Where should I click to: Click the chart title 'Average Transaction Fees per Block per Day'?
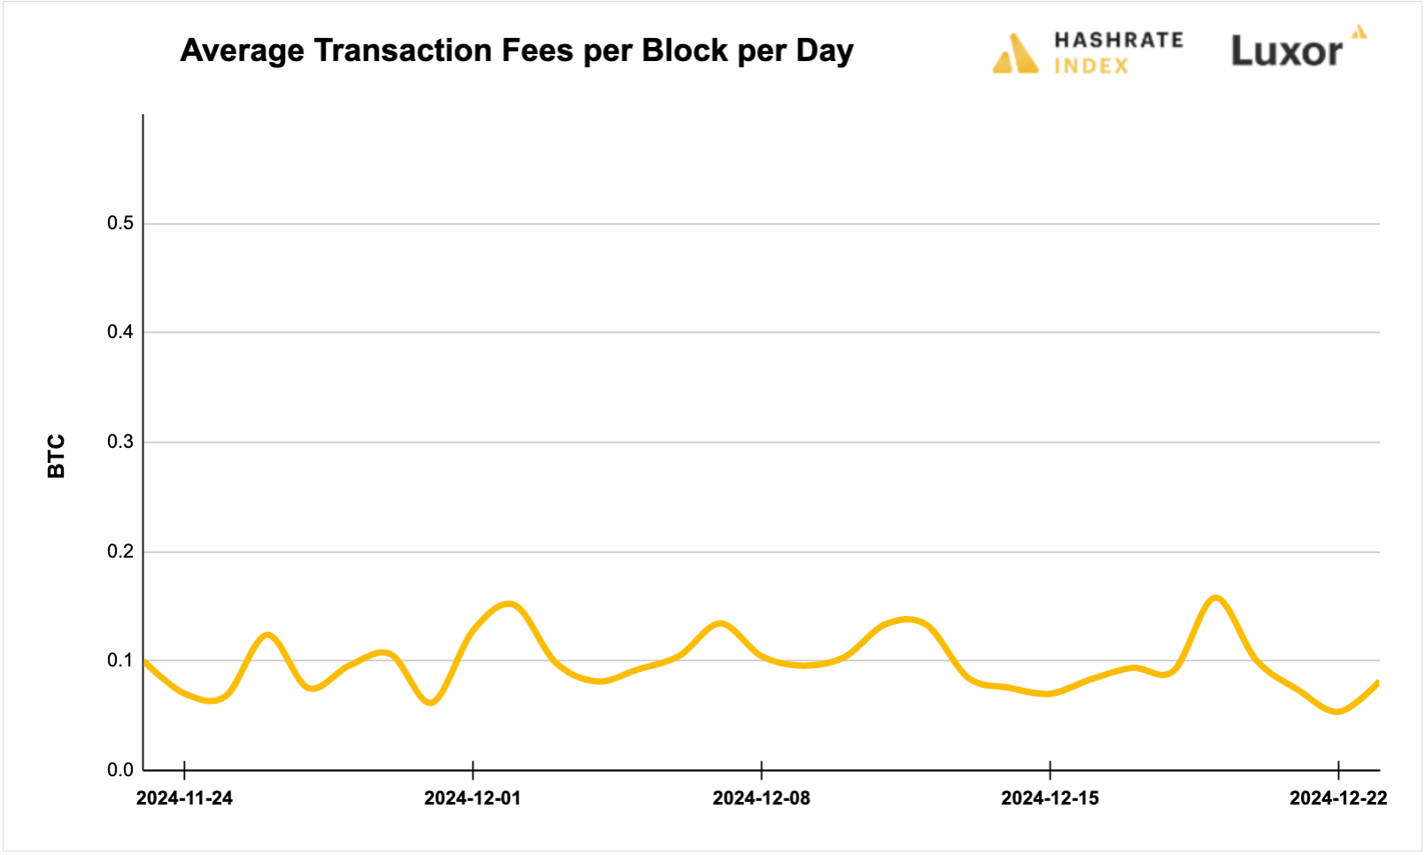(x=517, y=50)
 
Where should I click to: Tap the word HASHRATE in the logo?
(x=1118, y=40)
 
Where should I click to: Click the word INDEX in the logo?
(x=1091, y=66)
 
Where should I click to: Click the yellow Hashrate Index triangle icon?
(x=1015, y=54)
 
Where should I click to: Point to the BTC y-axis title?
(x=56, y=456)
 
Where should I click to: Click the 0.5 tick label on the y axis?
(x=120, y=223)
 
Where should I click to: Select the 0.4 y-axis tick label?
(x=120, y=332)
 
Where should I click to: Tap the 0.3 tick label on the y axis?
(x=120, y=442)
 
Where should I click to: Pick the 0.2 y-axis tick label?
(x=120, y=551)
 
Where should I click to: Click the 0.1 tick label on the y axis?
(x=120, y=660)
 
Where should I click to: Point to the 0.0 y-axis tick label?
(x=120, y=770)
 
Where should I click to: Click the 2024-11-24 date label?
(x=184, y=798)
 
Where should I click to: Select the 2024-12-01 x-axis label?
(x=473, y=798)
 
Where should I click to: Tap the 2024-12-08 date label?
(x=761, y=798)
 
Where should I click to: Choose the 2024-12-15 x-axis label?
(x=1050, y=798)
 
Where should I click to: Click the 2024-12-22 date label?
(x=1338, y=798)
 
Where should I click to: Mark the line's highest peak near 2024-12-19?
(x=1215, y=598)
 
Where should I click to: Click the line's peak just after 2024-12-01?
(x=510, y=605)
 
